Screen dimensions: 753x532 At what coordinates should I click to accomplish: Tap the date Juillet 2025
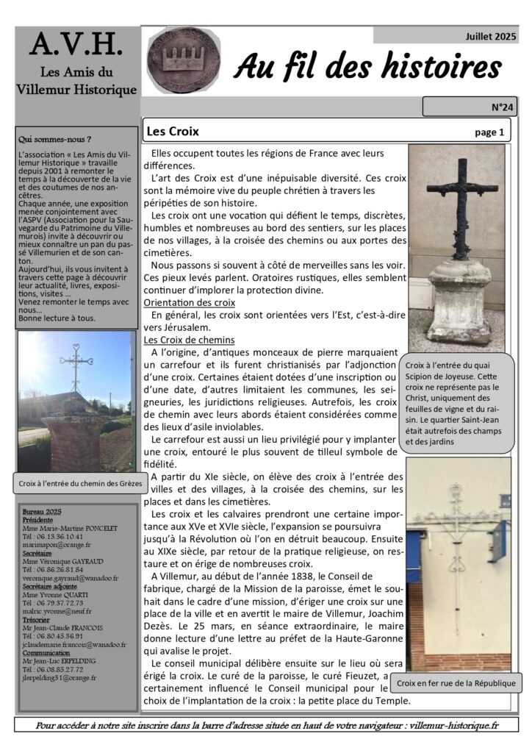coord(490,35)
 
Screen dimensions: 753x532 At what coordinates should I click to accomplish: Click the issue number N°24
coord(502,107)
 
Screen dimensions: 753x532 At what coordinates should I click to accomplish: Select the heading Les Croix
coord(173,132)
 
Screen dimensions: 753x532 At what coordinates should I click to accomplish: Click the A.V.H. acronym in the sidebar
coord(76,46)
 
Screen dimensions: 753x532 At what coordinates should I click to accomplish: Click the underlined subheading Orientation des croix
coord(189,302)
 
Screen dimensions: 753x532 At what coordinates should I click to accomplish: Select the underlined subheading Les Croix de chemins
coord(189,340)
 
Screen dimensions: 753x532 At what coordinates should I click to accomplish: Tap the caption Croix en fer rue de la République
coord(456,683)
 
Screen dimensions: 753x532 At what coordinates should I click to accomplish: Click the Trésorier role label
coord(37,620)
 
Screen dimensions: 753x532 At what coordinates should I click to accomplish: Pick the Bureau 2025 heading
coord(42,511)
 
